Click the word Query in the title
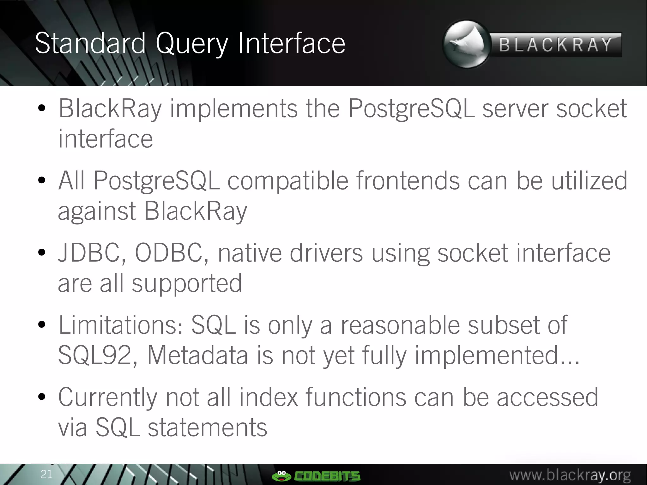(x=191, y=44)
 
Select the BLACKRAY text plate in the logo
(x=556, y=45)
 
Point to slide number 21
(x=46, y=474)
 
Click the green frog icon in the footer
(x=281, y=476)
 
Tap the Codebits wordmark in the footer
(x=327, y=476)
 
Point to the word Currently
(x=107, y=397)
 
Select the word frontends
(x=408, y=181)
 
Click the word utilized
(x=589, y=181)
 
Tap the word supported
(x=186, y=283)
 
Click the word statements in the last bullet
(x=207, y=427)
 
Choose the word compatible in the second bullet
(x=287, y=181)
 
